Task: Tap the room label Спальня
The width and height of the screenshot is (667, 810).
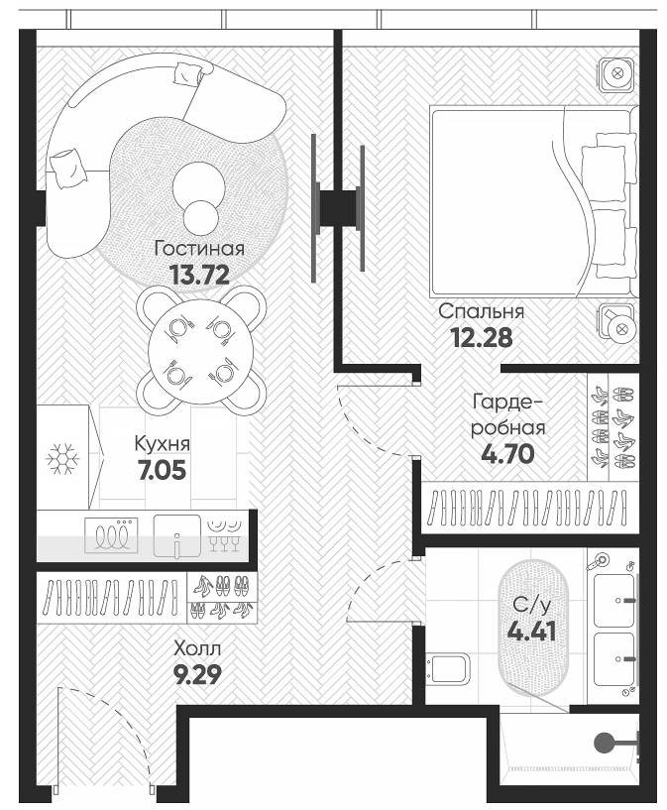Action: point(482,311)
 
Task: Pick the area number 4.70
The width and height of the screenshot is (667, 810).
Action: point(507,455)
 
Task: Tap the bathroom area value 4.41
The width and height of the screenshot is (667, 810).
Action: point(532,632)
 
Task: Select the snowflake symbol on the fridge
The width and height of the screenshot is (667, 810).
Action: point(63,458)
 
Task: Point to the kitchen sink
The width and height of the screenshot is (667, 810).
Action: point(175,536)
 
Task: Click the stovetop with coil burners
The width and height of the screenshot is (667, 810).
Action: point(114,536)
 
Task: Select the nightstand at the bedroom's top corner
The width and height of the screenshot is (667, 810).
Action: point(615,73)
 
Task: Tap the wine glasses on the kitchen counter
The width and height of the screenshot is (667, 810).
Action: point(225,534)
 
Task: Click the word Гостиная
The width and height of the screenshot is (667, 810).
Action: point(199,249)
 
